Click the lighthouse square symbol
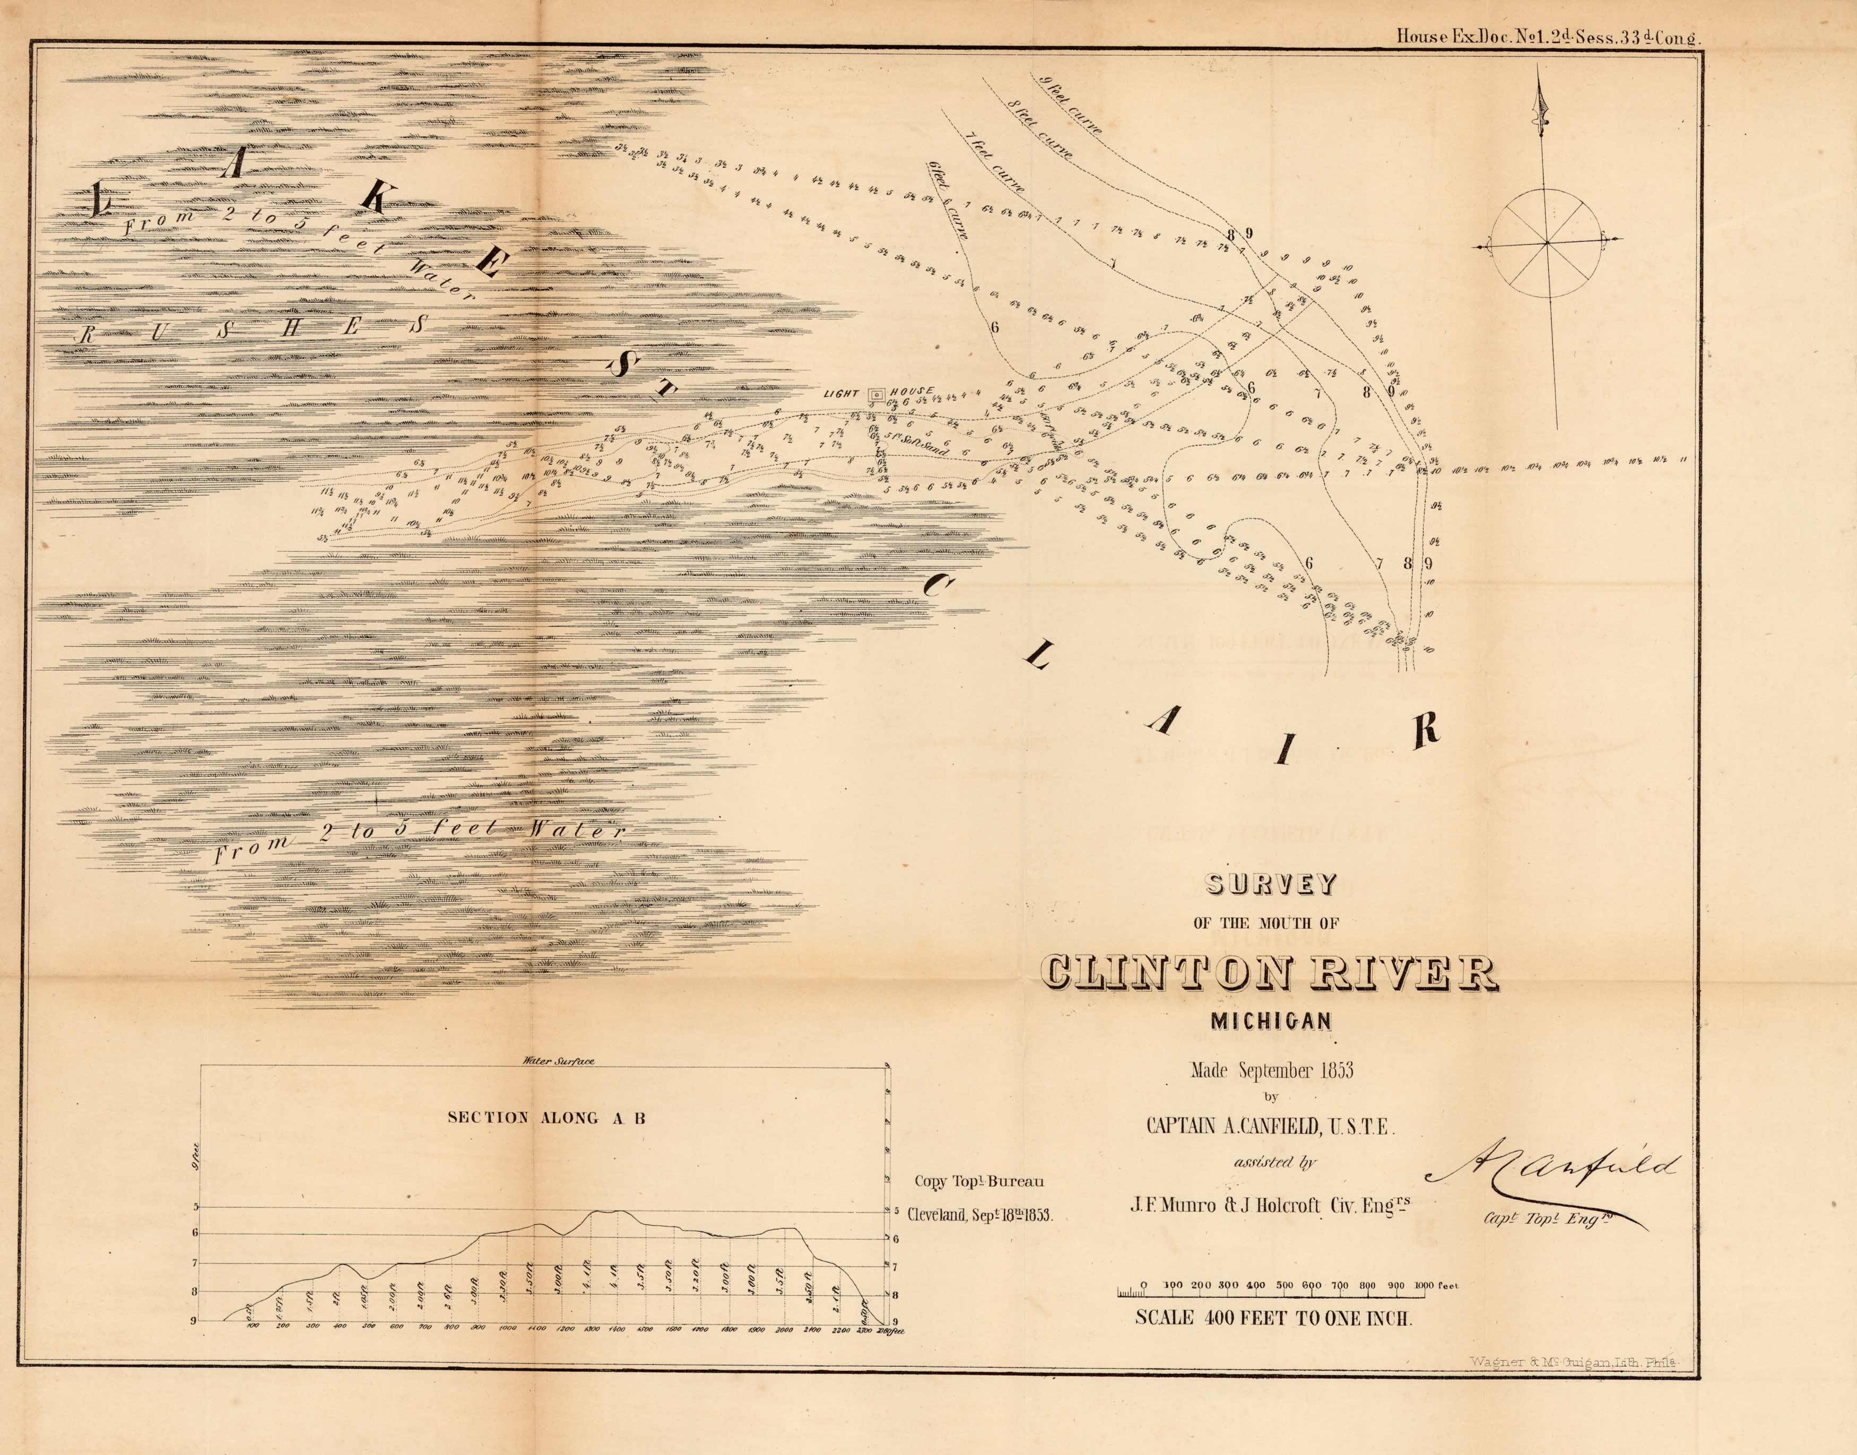click(x=875, y=394)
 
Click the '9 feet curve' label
click(x=1071, y=106)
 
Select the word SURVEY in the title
click(x=1271, y=885)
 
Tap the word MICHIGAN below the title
click(x=1271, y=1020)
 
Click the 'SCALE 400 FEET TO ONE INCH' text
click(x=1273, y=1318)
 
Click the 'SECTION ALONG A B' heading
click(x=546, y=1118)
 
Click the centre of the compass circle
click(x=1546, y=243)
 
